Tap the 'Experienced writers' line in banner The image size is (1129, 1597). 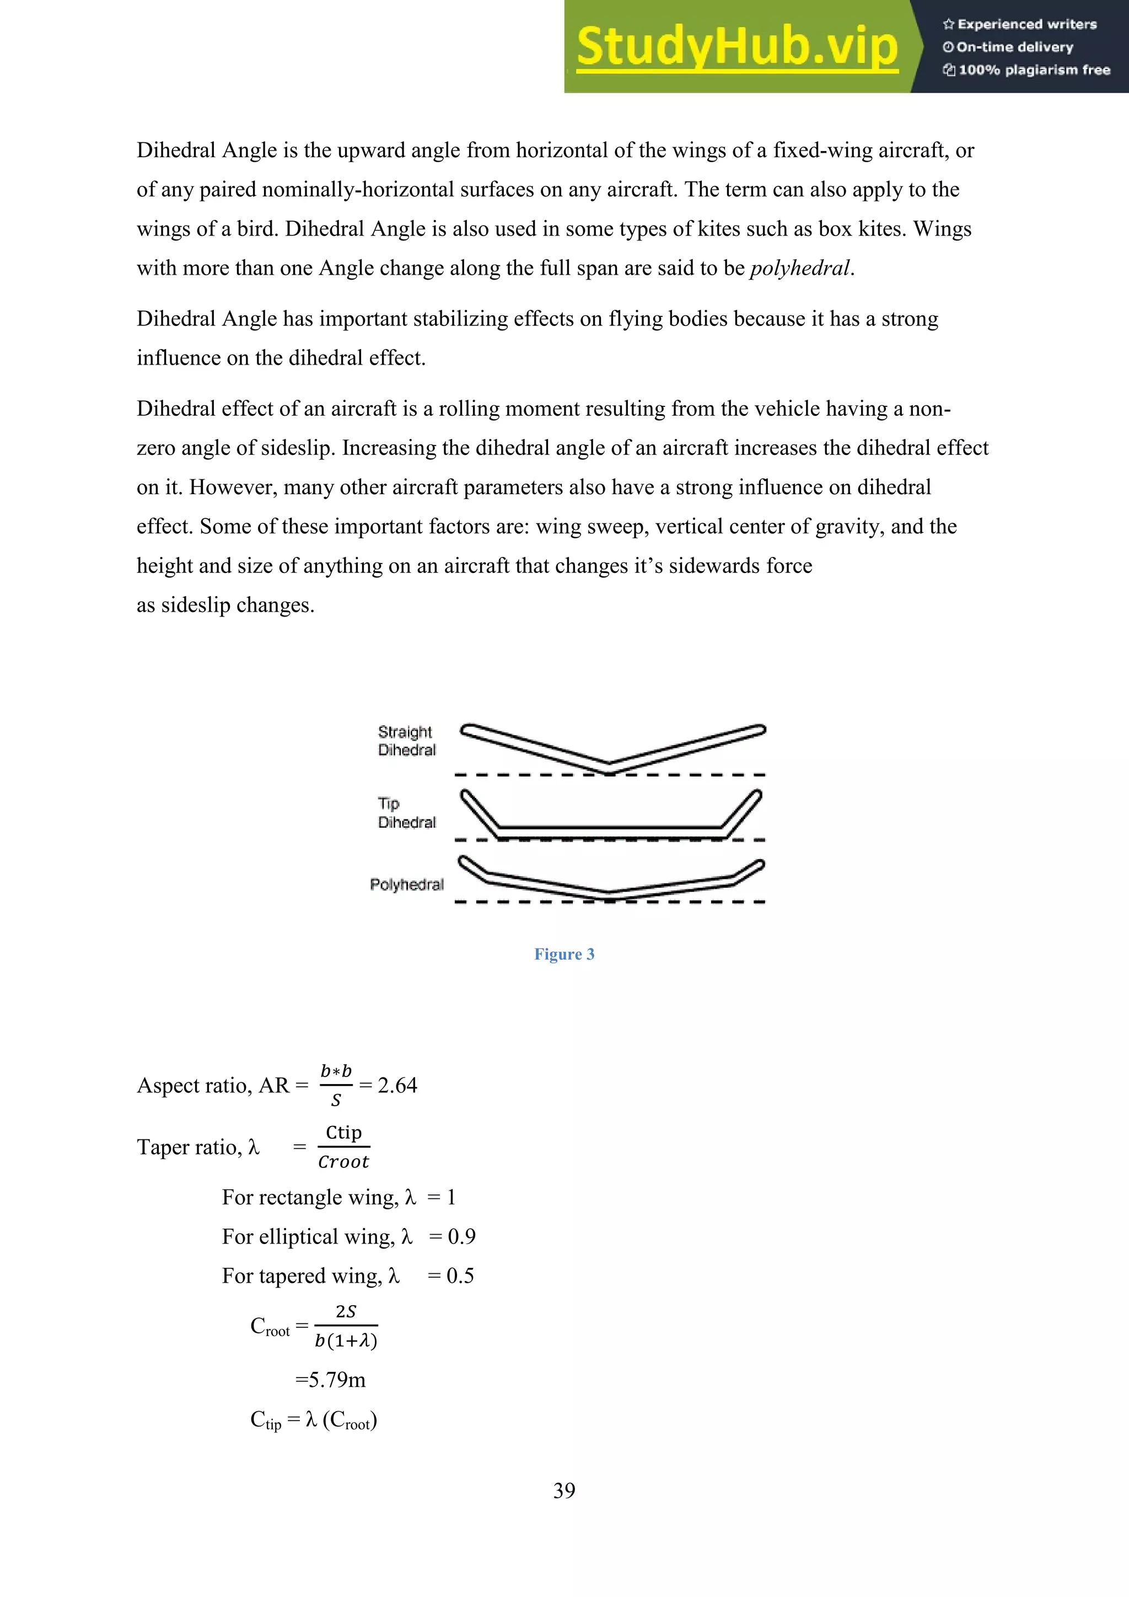tap(1020, 24)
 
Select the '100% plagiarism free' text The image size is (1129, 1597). tap(1027, 69)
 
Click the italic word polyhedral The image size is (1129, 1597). tap(799, 269)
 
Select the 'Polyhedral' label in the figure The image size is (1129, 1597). tap(407, 885)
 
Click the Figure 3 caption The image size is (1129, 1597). tap(564, 955)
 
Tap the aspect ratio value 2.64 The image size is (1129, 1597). tap(397, 1086)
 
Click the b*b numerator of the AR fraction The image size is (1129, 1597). tap(336, 1071)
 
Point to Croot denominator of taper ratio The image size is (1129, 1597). tap(343, 1162)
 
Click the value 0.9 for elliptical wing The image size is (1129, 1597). tap(461, 1237)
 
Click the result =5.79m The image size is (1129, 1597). tap(330, 1380)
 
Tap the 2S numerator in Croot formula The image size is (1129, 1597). tap(346, 1312)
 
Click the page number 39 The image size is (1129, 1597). tap(564, 1491)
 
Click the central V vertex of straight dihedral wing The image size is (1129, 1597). tap(610, 768)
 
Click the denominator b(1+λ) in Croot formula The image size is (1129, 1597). tap(346, 1341)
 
